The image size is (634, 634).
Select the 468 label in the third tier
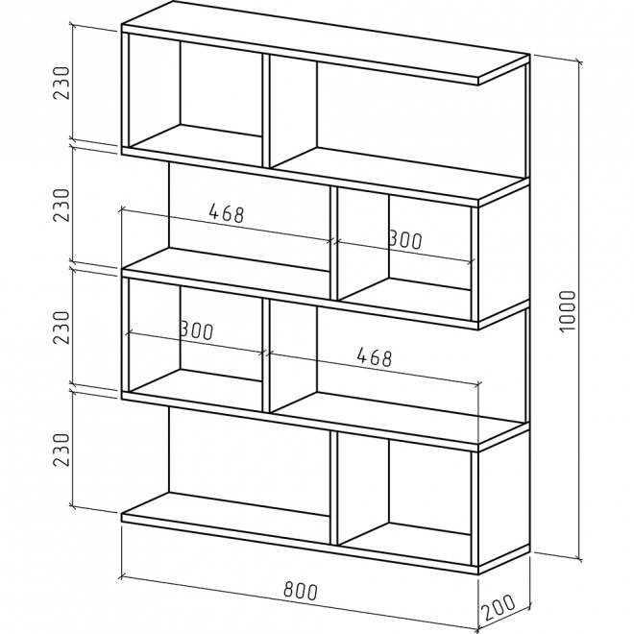click(374, 357)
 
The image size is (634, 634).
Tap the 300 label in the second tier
click(404, 240)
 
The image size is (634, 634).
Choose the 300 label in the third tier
click(195, 329)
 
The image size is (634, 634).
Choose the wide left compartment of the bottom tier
click(245, 461)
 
